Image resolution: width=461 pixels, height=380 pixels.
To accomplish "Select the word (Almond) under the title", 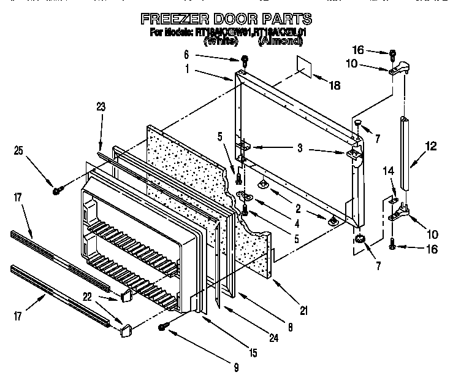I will [x=280, y=41].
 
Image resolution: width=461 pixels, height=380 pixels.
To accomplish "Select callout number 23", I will [x=101, y=107].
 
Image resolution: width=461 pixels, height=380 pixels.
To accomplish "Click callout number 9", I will [x=236, y=368].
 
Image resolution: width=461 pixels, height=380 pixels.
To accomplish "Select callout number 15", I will [x=253, y=353].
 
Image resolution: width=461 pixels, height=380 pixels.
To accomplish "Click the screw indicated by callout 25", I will [x=56, y=191].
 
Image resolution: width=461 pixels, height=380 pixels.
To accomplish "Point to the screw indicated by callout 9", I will [x=162, y=327].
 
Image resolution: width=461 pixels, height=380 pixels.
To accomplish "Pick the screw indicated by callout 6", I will [x=244, y=60].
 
